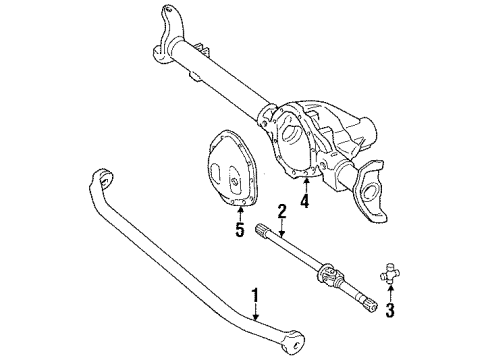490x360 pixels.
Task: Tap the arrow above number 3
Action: coord(391,291)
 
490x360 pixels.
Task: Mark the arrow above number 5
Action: coord(239,213)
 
